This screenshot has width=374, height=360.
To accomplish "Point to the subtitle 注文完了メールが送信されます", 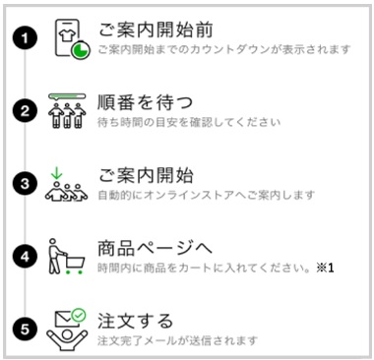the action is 177,340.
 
